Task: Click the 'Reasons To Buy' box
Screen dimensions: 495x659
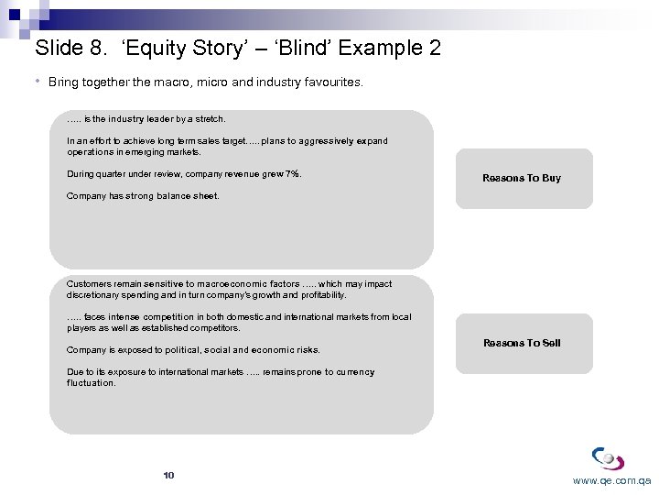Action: tap(523, 178)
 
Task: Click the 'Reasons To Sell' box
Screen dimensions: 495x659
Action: tap(523, 343)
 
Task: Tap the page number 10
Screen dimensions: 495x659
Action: tap(168, 475)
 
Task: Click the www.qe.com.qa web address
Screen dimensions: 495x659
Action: tap(612, 480)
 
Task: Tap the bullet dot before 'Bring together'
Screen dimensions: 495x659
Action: tap(38, 82)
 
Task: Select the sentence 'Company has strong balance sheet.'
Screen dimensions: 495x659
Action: tap(143, 196)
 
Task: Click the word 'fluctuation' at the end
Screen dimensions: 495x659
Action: tap(91, 383)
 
